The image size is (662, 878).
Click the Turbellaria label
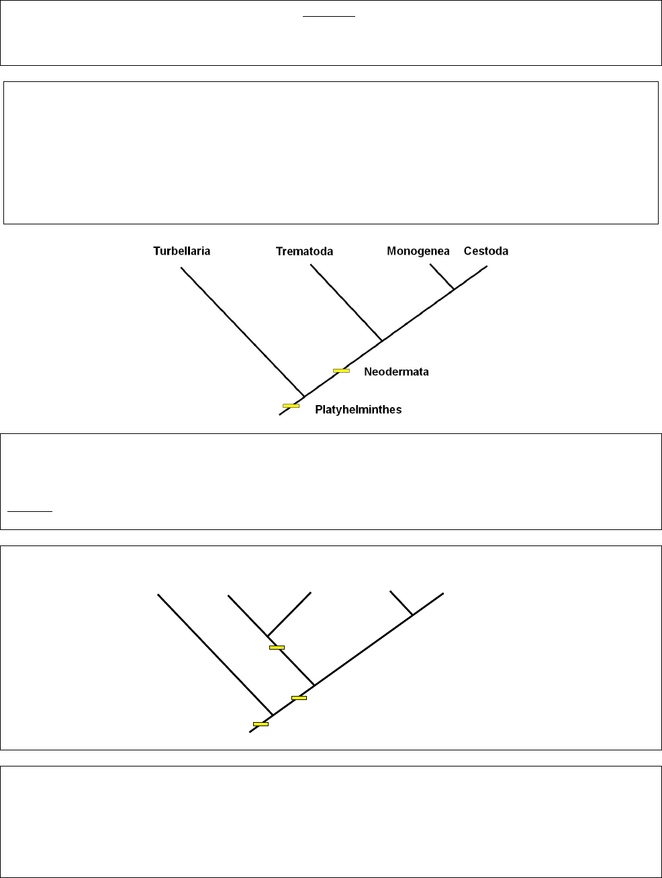click(x=181, y=251)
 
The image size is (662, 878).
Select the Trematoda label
click(x=304, y=252)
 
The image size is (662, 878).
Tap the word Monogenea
click(x=418, y=251)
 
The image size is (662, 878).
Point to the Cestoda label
click(x=485, y=251)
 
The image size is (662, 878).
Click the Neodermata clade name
click(x=396, y=371)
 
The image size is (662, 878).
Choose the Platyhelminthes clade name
click(x=358, y=409)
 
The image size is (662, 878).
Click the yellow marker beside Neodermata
click(x=341, y=370)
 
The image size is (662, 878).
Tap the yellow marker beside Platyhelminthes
click(x=291, y=405)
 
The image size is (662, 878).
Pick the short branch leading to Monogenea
click(x=441, y=276)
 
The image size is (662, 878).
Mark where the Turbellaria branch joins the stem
click(x=304, y=396)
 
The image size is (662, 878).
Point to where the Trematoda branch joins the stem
click(x=382, y=341)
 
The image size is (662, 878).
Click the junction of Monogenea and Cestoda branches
click(x=454, y=289)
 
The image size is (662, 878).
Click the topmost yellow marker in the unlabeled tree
click(x=277, y=647)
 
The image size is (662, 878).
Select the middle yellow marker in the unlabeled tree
click(x=299, y=697)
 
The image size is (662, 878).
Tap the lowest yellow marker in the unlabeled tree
click(x=261, y=723)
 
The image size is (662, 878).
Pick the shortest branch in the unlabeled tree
click(x=401, y=603)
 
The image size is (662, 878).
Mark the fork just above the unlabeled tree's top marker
click(x=267, y=635)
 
